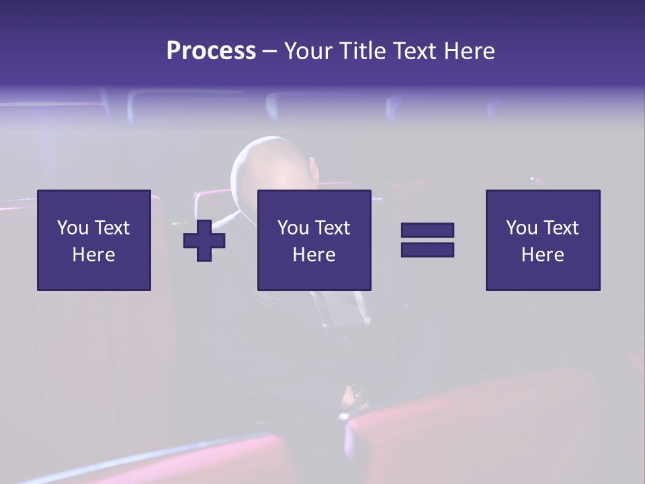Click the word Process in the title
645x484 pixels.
click(x=211, y=51)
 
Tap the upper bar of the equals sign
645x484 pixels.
click(x=427, y=231)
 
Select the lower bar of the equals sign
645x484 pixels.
click(x=427, y=250)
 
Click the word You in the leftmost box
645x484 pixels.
click(x=73, y=228)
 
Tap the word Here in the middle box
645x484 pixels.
click(x=314, y=255)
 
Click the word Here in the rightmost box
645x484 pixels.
click(x=543, y=255)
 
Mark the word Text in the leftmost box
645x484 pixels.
click(x=112, y=228)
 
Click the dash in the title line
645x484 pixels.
click(x=269, y=52)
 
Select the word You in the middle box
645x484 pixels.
click(x=293, y=228)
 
